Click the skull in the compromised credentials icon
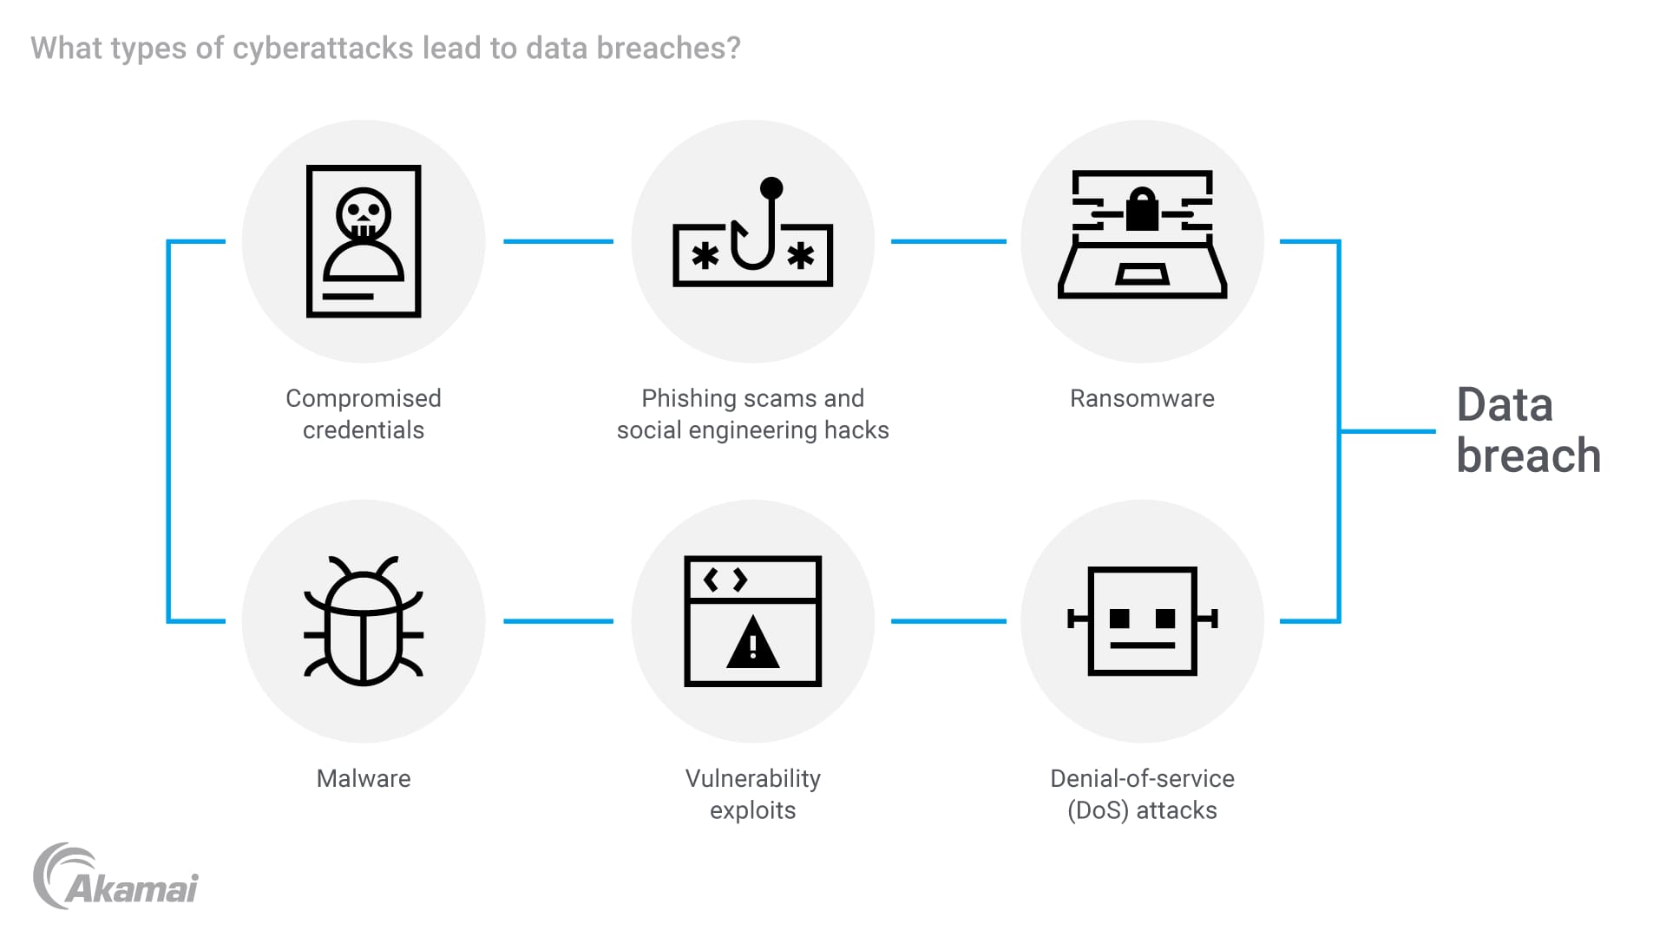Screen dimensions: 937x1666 [364, 213]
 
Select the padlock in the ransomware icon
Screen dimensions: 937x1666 [1142, 211]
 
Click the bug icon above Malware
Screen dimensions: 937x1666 [364, 621]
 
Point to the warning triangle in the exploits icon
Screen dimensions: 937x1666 [752, 644]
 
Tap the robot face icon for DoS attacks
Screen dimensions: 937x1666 [1142, 620]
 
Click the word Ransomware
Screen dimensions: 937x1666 [1142, 398]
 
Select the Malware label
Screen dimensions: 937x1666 [364, 778]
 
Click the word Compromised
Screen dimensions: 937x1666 [364, 398]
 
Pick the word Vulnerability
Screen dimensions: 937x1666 [752, 778]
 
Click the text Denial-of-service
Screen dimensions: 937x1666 [1142, 778]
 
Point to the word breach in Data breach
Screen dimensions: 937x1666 [1528, 456]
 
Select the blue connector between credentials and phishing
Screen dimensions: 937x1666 [558, 241]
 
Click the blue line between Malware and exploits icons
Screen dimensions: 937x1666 [558, 621]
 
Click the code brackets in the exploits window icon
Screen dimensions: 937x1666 [725, 580]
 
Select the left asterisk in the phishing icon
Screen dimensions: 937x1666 [705, 256]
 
